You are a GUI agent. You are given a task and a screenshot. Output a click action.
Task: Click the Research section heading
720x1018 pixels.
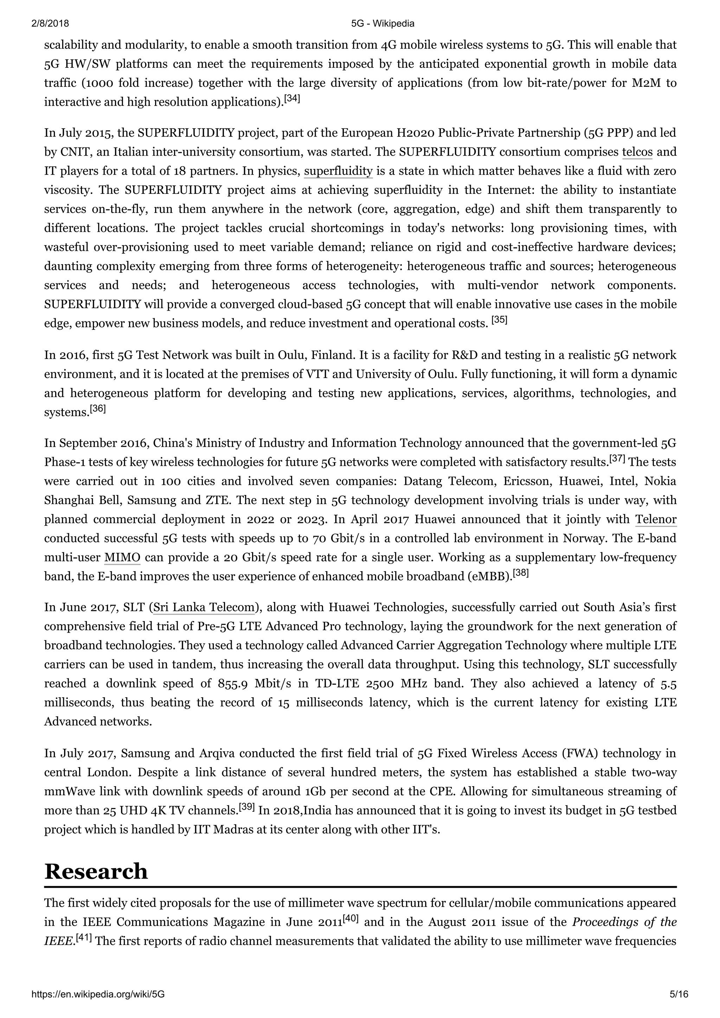tap(96, 871)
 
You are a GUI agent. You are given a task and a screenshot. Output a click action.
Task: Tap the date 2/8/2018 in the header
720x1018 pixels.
tap(50, 24)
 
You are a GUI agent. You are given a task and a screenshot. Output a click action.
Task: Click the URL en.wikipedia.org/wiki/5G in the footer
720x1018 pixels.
tap(98, 994)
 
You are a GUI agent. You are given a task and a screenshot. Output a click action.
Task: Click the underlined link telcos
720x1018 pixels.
tap(637, 152)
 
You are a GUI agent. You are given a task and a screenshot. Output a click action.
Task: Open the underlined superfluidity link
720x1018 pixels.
tap(338, 171)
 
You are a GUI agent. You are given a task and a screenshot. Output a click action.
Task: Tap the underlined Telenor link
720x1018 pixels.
tap(656, 519)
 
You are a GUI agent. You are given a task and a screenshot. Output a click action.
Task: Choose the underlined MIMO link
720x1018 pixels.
tap(122, 557)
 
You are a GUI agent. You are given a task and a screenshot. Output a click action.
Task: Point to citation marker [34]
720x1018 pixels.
tap(292, 98)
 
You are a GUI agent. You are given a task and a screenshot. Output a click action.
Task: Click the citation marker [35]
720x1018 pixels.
tap(499, 320)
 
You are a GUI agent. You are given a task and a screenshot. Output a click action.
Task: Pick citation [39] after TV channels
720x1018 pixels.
tap(247, 807)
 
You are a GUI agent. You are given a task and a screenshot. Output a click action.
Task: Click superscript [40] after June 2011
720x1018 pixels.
tap(351, 919)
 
